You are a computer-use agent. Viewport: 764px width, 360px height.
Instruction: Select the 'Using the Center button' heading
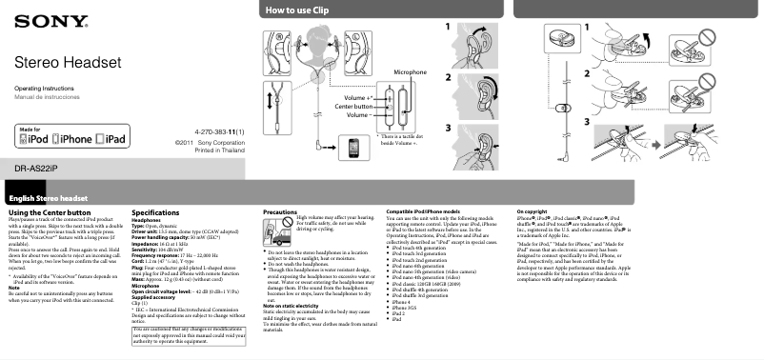[x=50, y=210]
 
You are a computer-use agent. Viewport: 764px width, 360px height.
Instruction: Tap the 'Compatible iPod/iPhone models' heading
[x=426, y=209]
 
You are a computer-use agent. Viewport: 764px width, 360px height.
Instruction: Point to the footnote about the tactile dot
[x=402, y=139]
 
